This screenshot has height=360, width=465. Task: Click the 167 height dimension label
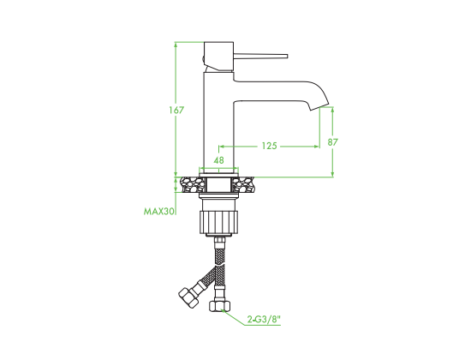176,110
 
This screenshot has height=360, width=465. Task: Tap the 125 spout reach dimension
269,146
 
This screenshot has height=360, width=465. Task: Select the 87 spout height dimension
332,142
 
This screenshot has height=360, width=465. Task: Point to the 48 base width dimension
219,160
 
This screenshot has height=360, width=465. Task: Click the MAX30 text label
158,212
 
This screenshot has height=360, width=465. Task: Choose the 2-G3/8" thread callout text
264,320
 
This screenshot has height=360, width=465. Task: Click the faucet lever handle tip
287,56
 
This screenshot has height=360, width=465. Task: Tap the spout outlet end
319,107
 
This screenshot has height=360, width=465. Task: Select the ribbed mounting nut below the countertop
219,221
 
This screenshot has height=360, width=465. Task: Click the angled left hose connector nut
188,297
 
